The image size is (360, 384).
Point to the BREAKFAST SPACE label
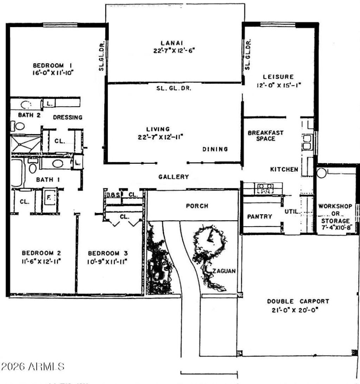click(x=265, y=136)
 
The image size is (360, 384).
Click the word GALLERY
click(x=174, y=177)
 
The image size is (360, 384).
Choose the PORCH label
click(x=197, y=206)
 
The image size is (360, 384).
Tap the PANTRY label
click(x=260, y=216)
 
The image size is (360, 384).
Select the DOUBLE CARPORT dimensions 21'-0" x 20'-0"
click(x=298, y=310)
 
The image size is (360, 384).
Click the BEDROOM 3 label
click(x=108, y=253)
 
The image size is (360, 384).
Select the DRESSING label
click(x=67, y=117)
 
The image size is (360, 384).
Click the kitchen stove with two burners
click(x=263, y=189)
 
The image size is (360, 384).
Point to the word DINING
click(x=215, y=149)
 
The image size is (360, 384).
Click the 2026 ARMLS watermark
click(x=33, y=367)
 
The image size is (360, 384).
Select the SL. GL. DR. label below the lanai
click(x=174, y=89)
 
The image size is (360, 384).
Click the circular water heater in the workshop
click(x=322, y=173)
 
